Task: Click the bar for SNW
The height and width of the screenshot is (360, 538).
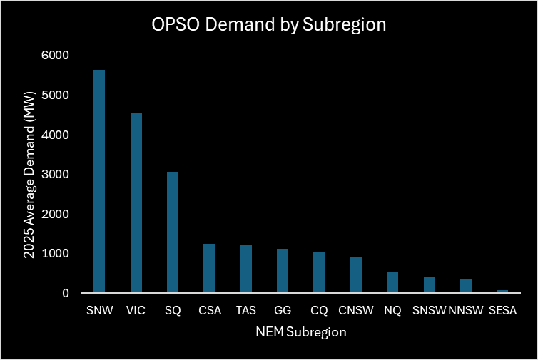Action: point(99,181)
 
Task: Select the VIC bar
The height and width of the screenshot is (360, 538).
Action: point(136,202)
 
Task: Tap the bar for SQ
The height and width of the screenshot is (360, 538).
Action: point(172,232)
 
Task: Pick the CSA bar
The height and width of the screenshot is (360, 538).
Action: point(209,268)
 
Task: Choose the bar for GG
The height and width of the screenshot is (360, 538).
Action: point(282,271)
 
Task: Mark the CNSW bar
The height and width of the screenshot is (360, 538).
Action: point(355,274)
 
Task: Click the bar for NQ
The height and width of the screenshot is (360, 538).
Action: point(392,282)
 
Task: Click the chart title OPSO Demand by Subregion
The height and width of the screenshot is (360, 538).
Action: point(268,25)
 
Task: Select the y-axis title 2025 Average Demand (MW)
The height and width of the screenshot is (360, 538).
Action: point(29,175)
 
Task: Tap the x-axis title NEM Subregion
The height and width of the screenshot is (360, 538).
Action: point(300,331)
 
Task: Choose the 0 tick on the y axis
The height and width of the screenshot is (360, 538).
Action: point(65,293)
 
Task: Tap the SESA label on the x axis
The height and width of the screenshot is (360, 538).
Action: point(502,311)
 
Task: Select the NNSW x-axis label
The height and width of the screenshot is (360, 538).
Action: point(465,311)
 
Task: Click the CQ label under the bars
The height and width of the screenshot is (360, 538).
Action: point(319,311)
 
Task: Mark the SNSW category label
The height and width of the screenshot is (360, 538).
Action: point(429,311)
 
